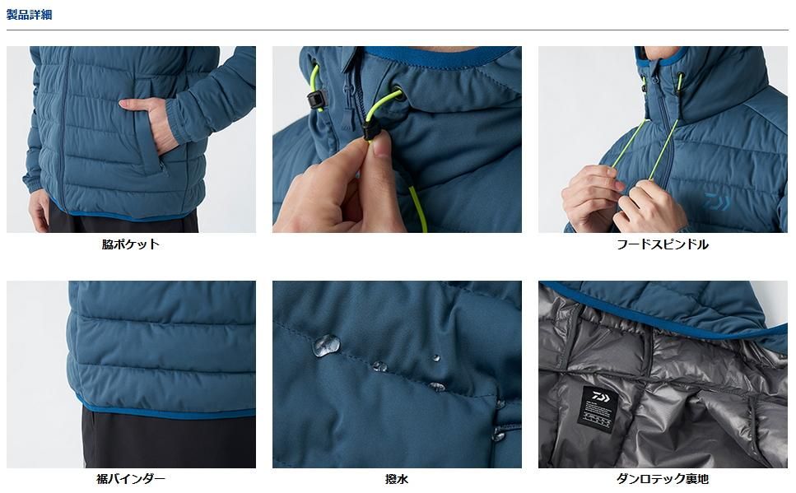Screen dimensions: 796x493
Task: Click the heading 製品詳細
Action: [29, 15]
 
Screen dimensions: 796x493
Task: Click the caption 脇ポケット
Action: [130, 244]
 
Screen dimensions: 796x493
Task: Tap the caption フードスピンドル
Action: [663, 244]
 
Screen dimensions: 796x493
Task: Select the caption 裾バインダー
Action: [130, 479]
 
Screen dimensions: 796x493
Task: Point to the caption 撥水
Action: [397, 479]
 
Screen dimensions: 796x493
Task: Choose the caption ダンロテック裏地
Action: [663, 479]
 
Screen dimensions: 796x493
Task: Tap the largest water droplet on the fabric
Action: [327, 345]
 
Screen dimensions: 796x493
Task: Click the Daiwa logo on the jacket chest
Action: [717, 202]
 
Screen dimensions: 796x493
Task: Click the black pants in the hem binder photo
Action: [168, 440]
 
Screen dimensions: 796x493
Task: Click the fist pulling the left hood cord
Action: [591, 197]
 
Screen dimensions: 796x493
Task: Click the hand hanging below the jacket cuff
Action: [39, 210]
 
